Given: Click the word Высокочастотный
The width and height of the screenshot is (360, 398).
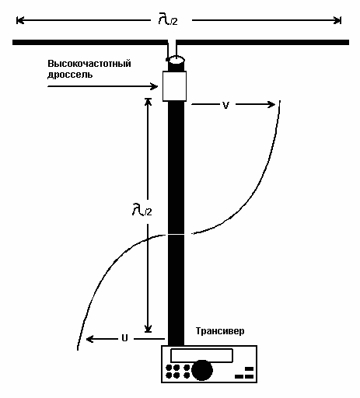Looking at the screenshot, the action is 89,64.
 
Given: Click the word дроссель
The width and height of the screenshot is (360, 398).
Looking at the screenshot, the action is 70,75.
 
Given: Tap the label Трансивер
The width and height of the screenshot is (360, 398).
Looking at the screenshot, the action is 220,331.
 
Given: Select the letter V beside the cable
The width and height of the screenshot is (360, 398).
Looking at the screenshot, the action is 225,105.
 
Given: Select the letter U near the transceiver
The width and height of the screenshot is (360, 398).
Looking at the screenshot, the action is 124,338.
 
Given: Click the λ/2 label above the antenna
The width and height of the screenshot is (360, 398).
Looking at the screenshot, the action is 168,19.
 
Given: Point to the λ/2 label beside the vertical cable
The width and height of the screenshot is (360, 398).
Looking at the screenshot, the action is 142,210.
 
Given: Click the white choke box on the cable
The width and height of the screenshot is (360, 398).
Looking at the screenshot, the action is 174,86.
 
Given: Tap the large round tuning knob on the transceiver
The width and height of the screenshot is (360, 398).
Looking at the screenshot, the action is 202,370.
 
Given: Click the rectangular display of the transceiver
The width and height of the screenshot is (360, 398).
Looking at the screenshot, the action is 201,355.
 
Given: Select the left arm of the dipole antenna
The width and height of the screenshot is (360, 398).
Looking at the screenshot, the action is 90,42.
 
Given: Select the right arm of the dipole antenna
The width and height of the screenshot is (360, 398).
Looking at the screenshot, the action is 263,42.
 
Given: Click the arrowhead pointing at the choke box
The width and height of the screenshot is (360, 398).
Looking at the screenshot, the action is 155,86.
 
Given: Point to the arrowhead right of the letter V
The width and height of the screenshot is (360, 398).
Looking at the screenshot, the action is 271,104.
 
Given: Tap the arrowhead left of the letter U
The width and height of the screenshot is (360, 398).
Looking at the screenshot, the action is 89,339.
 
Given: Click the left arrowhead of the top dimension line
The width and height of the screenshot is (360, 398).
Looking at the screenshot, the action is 20,20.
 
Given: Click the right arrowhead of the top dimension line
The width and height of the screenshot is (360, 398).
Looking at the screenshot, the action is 337,20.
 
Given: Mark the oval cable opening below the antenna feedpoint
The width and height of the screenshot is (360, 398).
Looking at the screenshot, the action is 177,60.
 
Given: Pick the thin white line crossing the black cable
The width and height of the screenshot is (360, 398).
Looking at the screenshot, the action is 177,235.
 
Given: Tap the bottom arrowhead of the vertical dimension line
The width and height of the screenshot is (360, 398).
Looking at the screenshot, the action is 148,329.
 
